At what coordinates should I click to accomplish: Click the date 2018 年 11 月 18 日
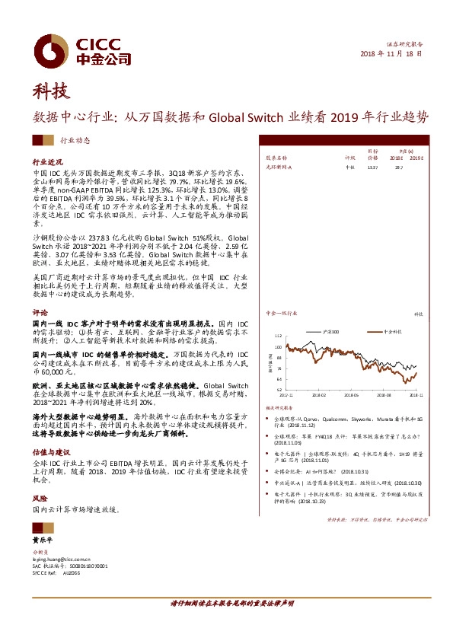(x=390, y=55)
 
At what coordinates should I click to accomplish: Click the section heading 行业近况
(x=46, y=162)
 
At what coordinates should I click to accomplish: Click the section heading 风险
(x=40, y=495)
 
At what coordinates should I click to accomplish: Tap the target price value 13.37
(x=372, y=166)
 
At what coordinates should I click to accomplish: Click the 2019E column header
(x=415, y=158)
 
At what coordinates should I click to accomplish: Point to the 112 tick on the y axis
(x=278, y=336)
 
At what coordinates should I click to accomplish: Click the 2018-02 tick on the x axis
(x=317, y=396)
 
